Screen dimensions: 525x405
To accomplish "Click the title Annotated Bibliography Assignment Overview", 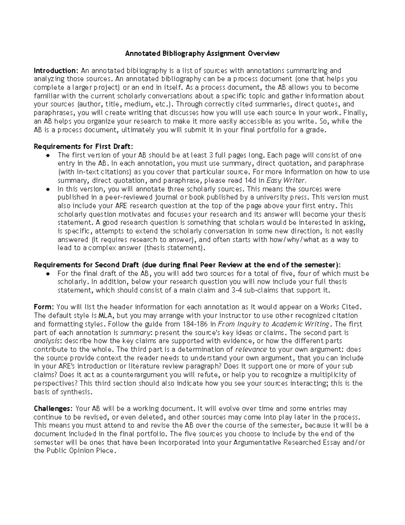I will click(x=202, y=53).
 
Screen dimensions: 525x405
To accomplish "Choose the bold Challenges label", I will click(x=54, y=409).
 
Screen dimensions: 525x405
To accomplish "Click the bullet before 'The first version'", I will click(x=48, y=156).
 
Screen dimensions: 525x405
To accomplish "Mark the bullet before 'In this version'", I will click(x=48, y=189).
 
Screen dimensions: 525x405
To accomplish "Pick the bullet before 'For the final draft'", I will click(x=48, y=274).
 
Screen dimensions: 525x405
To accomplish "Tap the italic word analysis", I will click(x=46, y=341).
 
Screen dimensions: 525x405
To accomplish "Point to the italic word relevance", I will click(x=251, y=350).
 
